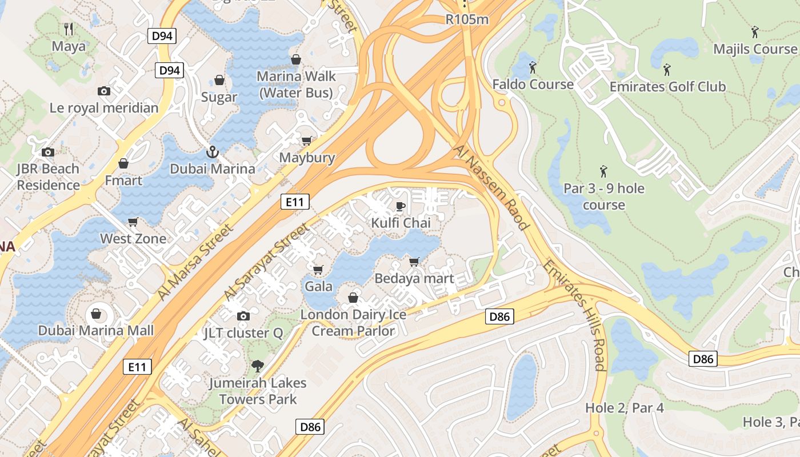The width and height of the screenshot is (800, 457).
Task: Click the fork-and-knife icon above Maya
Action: [x=69, y=29]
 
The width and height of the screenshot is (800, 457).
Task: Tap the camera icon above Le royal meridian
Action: [x=104, y=91]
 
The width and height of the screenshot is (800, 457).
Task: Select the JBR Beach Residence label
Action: [x=48, y=177]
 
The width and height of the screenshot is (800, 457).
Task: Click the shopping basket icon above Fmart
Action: [x=123, y=164]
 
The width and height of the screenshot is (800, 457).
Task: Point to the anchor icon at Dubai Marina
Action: [x=213, y=152]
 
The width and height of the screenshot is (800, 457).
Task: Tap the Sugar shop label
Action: [x=219, y=97]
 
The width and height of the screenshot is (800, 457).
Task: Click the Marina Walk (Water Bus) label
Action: [x=296, y=84]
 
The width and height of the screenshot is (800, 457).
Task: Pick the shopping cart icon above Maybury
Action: [x=307, y=141]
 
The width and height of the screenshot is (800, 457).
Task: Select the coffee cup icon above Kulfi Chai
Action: [x=401, y=206]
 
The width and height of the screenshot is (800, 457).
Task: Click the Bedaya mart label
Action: [x=414, y=279]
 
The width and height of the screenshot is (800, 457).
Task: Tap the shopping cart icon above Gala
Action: [x=318, y=269]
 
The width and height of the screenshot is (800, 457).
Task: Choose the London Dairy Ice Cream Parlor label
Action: [x=353, y=323]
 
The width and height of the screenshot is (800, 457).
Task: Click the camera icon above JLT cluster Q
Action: [x=243, y=316]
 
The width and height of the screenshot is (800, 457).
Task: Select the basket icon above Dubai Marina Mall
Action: [x=96, y=314]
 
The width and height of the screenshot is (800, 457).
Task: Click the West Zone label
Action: [x=133, y=239]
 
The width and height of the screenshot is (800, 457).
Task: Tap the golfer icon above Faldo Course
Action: [x=533, y=67]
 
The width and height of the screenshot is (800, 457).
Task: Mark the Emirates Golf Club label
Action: [x=667, y=87]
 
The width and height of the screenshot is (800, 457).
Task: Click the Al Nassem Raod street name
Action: [x=491, y=187]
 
